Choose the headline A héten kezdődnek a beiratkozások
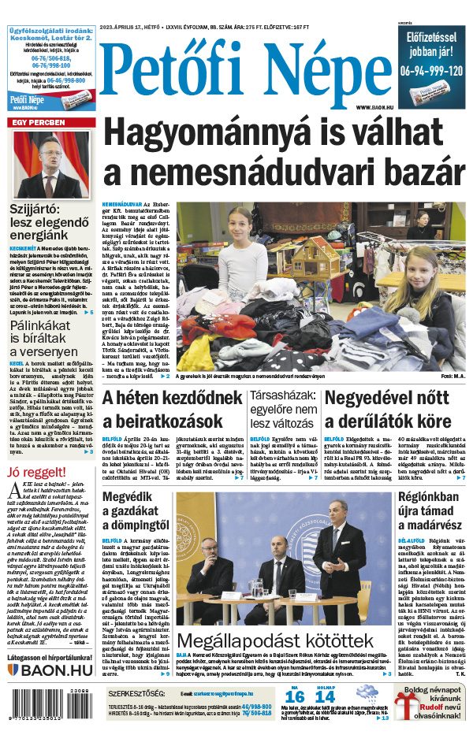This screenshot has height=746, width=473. click(x=172, y=410)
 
